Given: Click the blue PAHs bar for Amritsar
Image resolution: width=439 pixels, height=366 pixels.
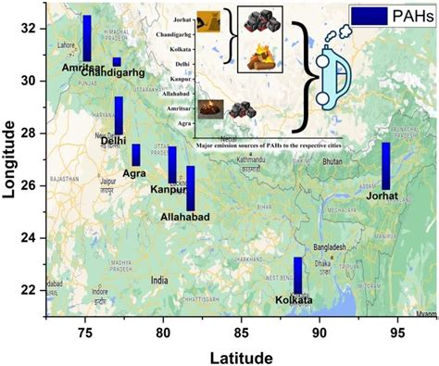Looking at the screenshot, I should [x=87, y=38].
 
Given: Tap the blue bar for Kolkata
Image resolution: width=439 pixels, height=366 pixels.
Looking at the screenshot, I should [x=298, y=276].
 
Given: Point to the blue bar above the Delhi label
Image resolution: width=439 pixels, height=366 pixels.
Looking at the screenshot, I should [x=119, y=115].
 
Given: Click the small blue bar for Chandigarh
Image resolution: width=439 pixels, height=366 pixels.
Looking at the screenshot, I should [x=117, y=62].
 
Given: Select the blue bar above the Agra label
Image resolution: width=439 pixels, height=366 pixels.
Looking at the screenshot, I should [x=136, y=155].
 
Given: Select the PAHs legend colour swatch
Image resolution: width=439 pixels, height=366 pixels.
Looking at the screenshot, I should [x=369, y=16].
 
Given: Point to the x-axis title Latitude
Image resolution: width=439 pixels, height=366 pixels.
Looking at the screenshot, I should [x=241, y=357].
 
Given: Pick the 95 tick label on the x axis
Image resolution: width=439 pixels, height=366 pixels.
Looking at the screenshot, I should [x=397, y=330].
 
